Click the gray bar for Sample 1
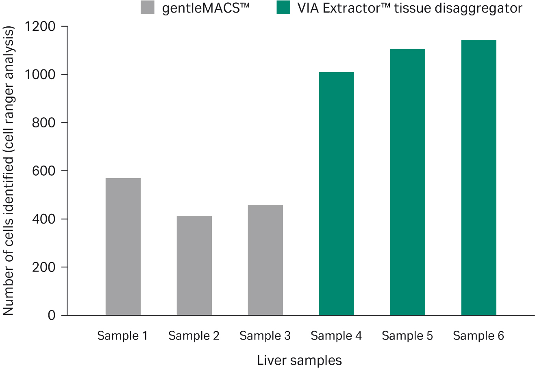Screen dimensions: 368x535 tap(123, 246)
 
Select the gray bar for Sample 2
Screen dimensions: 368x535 tap(194, 265)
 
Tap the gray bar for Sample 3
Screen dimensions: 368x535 tap(265, 260)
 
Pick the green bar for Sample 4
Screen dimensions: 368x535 tap(336, 194)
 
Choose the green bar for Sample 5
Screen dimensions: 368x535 tap(407, 182)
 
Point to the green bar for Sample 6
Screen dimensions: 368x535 tap(478, 177)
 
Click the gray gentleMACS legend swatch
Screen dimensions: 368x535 tap(148, 8)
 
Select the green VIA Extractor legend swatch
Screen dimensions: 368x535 tap(283, 8)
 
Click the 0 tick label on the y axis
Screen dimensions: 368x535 tap(52, 315)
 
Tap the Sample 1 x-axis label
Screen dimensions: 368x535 tap(122, 336)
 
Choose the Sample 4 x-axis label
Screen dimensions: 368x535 tap(336, 336)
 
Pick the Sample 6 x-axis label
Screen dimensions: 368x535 tap(478, 336)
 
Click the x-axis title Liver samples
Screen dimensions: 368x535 tap(299, 360)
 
